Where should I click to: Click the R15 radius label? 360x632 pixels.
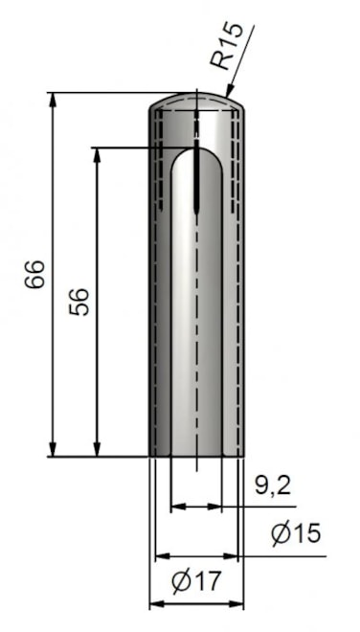click(227, 46)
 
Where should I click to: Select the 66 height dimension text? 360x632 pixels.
click(34, 274)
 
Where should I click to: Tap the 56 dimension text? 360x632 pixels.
click(79, 302)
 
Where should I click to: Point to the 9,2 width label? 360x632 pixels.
click(273, 485)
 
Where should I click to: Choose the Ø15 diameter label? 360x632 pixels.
click(296, 533)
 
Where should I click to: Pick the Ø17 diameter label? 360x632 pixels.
click(196, 581)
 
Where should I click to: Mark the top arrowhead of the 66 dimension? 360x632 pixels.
click(53, 101)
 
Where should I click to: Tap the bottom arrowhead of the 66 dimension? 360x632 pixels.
click(53, 449)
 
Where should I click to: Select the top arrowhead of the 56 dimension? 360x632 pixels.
click(97, 155)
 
